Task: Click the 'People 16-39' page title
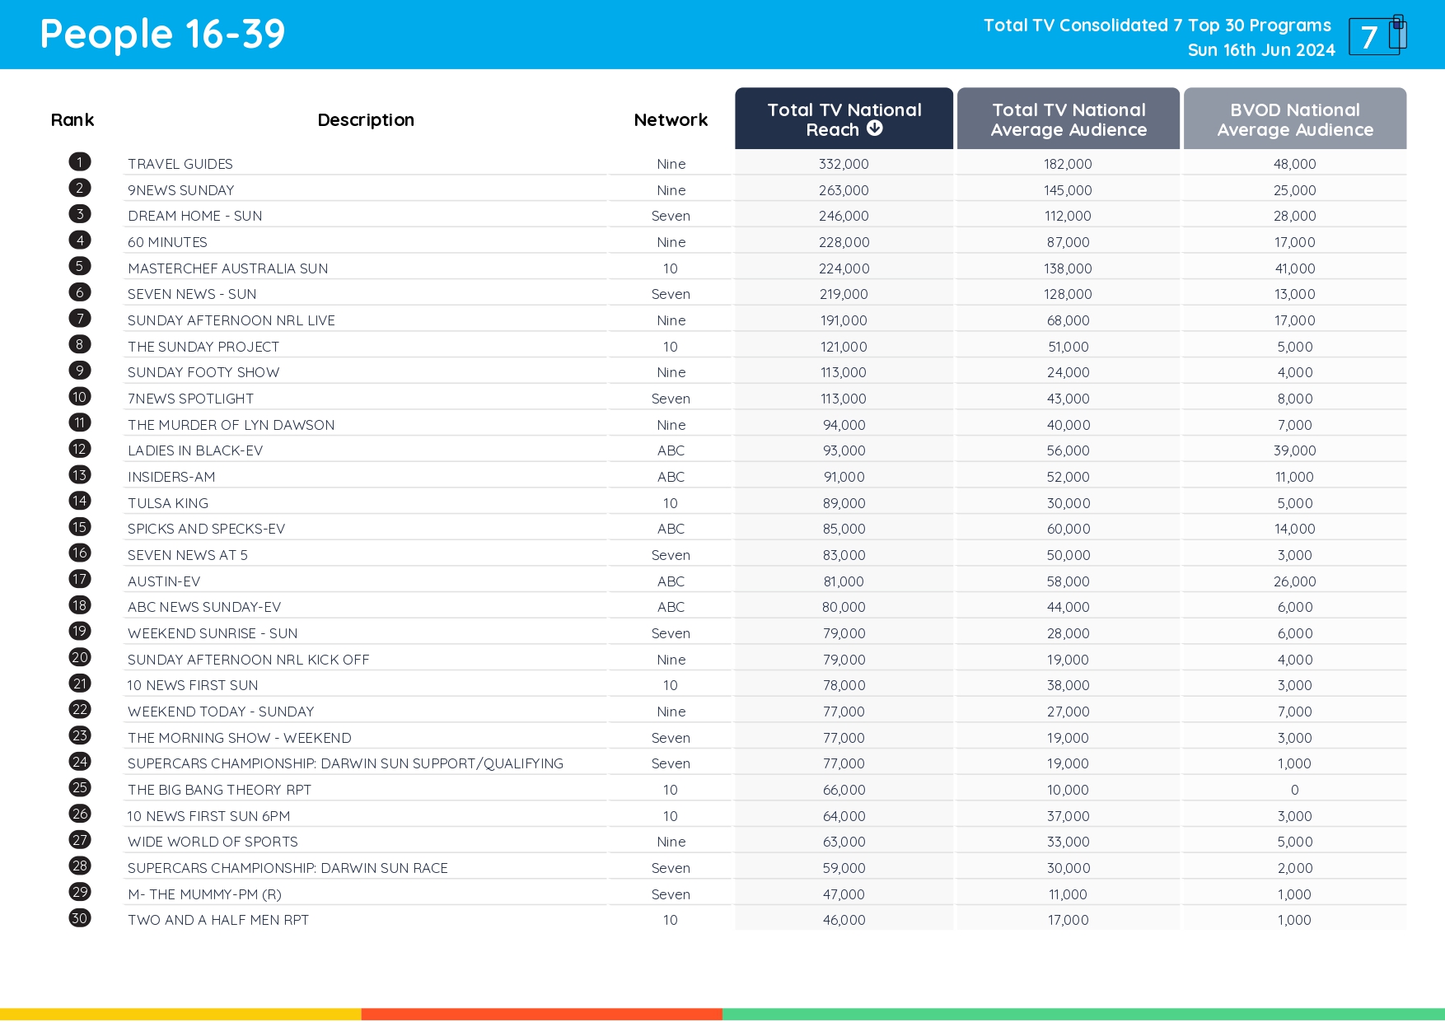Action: click(x=162, y=35)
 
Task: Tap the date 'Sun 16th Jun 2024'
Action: click(x=1260, y=50)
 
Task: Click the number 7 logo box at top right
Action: click(x=1375, y=36)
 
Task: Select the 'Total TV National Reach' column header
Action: click(x=844, y=119)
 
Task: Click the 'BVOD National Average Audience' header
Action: click(x=1294, y=119)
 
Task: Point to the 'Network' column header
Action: click(x=671, y=120)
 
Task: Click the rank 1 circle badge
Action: click(x=80, y=162)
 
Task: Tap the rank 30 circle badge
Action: click(x=80, y=918)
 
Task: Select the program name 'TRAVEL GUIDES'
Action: click(x=180, y=164)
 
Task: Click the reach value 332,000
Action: click(x=844, y=164)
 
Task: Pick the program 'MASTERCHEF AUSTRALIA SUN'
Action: click(x=227, y=268)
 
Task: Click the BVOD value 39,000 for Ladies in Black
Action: click(x=1294, y=450)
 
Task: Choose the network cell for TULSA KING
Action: click(x=671, y=503)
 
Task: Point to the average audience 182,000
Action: click(x=1068, y=164)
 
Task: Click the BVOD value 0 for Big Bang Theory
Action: click(x=1294, y=790)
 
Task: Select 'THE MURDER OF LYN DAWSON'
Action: click(x=231, y=425)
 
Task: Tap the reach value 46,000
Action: click(x=844, y=920)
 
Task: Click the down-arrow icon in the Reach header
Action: click(x=875, y=128)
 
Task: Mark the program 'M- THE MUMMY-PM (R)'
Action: click(x=204, y=894)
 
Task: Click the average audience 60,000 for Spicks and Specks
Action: click(x=1068, y=529)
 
